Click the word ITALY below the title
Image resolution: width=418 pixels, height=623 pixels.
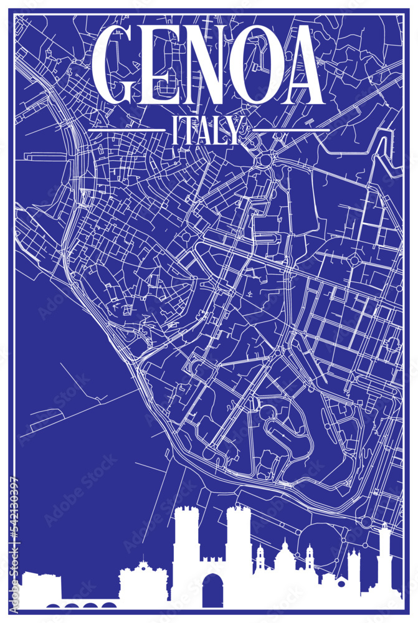click(x=203, y=131)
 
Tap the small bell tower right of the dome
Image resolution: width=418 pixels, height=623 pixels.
click(x=309, y=558)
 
